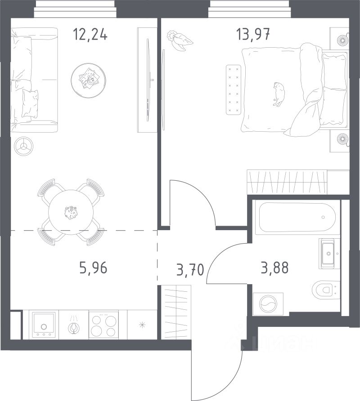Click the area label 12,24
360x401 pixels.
[x=90, y=35]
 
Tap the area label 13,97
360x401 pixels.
[x=253, y=35]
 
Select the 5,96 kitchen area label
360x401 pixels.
[x=93, y=268]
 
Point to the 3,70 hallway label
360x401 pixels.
[x=190, y=270]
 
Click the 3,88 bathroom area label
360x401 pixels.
[x=275, y=268]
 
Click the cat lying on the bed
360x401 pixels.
[x=279, y=94]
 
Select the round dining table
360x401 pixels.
[x=71, y=212]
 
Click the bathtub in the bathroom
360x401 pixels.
[x=297, y=217]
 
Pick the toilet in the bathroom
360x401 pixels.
[x=326, y=290]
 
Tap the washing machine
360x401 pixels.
[x=268, y=304]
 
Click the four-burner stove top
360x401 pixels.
[x=103, y=325]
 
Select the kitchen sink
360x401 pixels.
[x=44, y=324]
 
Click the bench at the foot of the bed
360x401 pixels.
[x=234, y=89]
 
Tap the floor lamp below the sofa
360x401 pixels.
[x=23, y=146]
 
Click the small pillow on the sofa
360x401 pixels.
[x=30, y=103]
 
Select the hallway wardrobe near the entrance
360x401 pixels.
[x=176, y=312]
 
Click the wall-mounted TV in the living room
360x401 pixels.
[x=148, y=80]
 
